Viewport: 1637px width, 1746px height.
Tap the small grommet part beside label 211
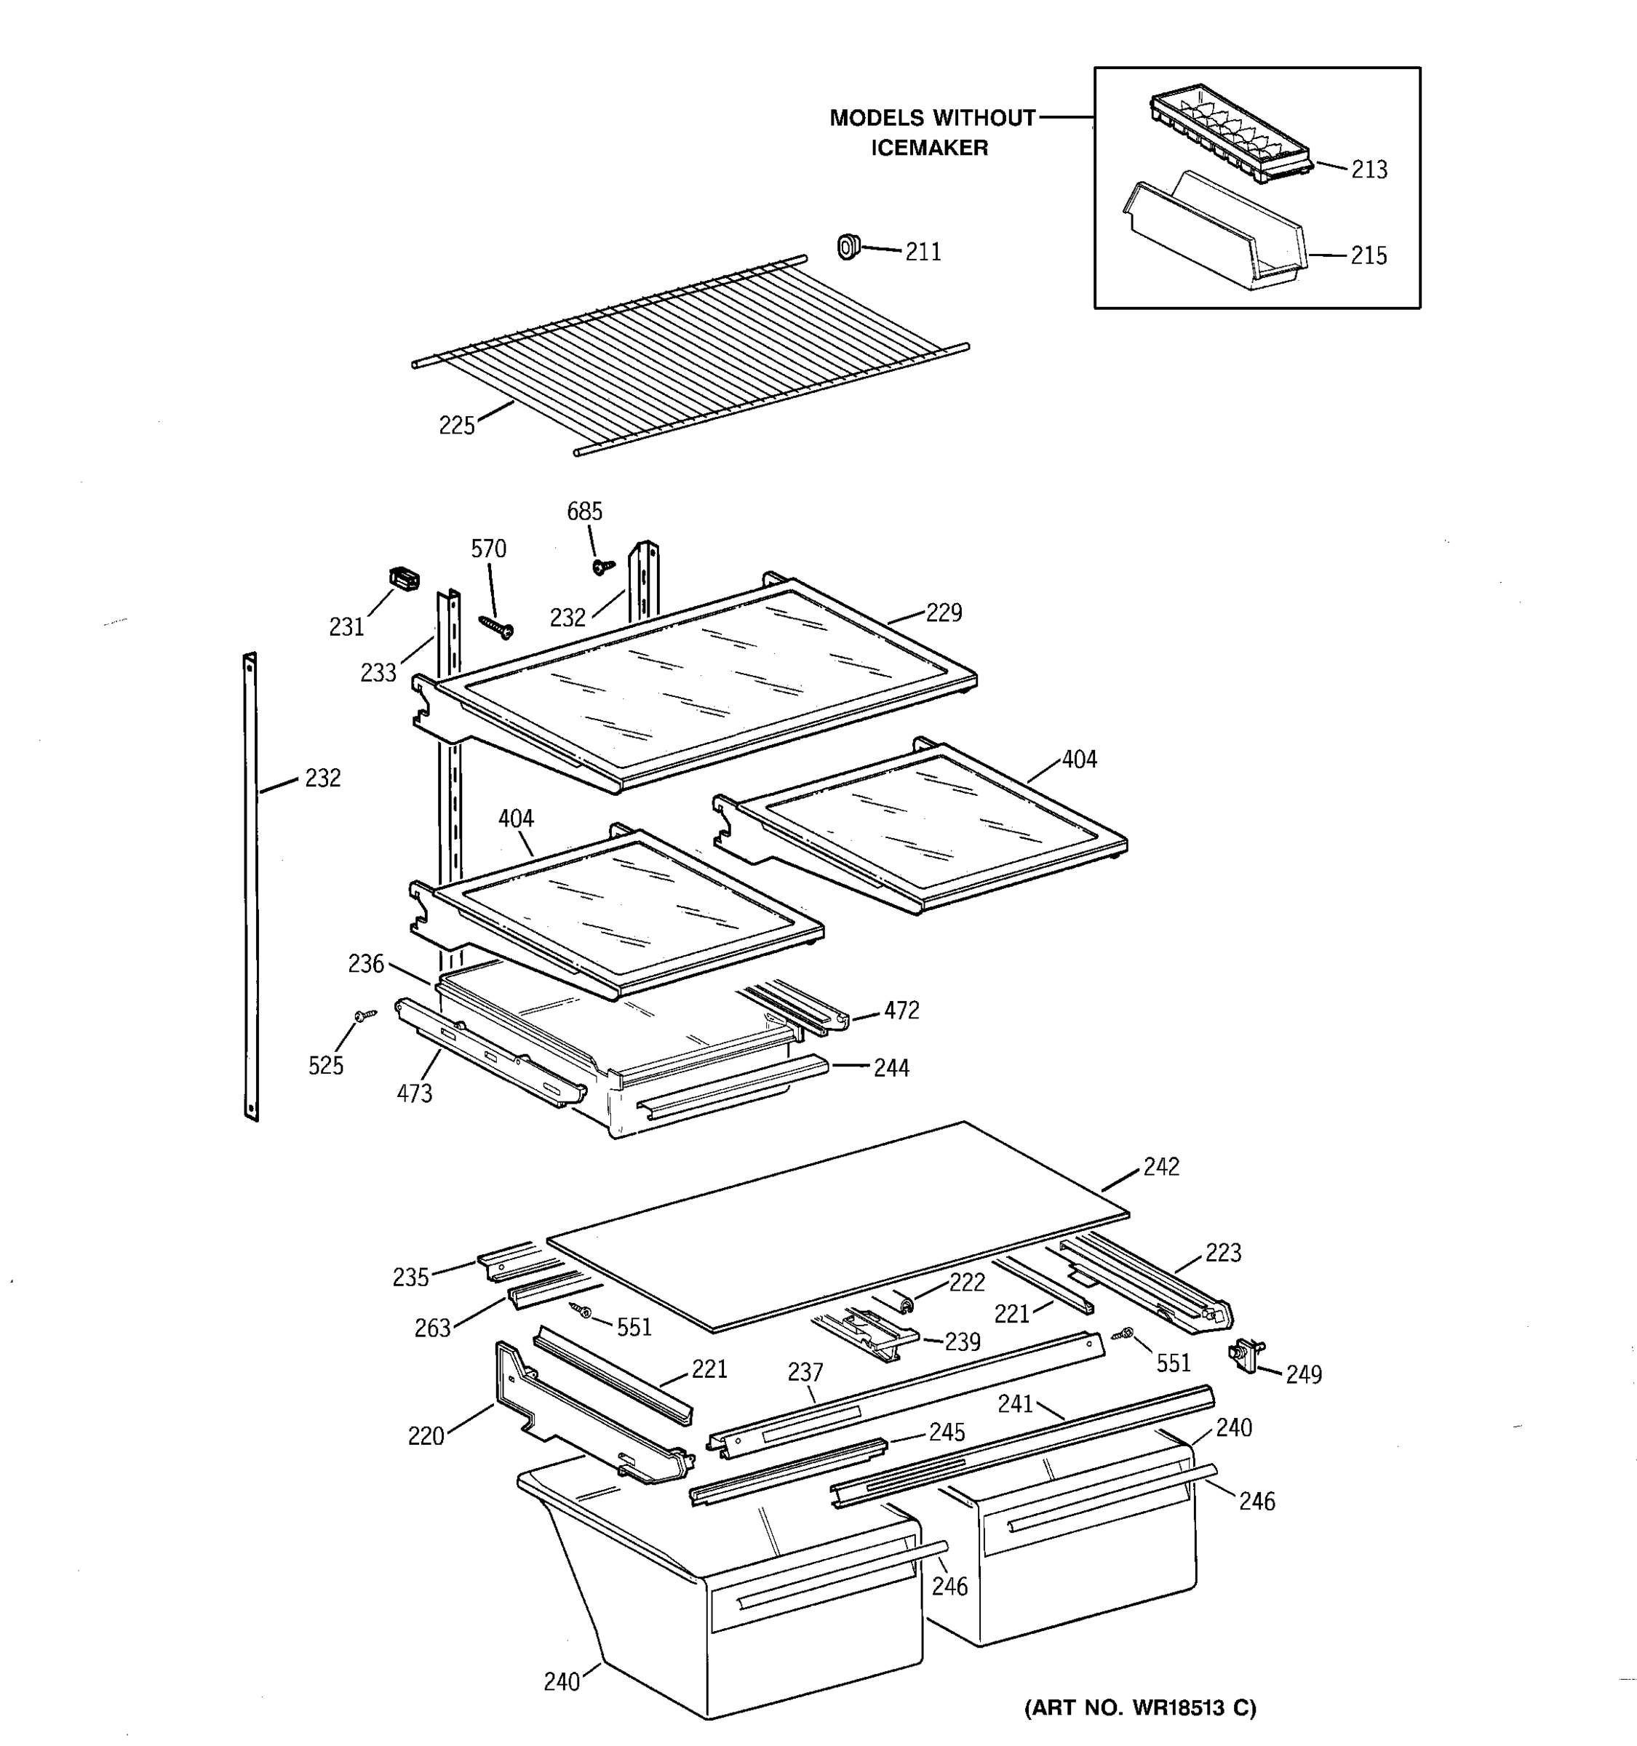(848, 247)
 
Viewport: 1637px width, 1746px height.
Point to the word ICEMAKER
(929, 148)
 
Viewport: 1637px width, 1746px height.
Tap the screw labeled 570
(496, 626)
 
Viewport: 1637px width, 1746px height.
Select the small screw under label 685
(602, 567)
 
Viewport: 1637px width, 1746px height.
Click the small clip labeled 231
(404, 579)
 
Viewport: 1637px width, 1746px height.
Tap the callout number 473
(414, 1093)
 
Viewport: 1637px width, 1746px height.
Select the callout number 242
(1161, 1166)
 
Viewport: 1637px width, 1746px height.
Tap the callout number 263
(432, 1328)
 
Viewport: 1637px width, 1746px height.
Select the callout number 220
(426, 1436)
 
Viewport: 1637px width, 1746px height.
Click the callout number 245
(947, 1432)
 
